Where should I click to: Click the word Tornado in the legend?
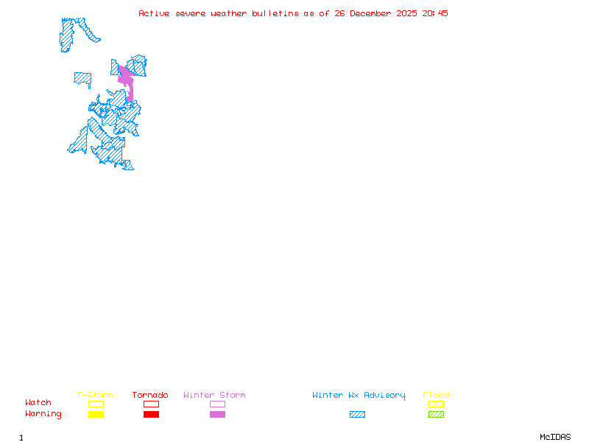(150, 396)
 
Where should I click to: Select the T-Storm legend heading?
(95, 396)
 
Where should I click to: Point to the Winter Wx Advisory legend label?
(359, 396)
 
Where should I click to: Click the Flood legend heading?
(436, 396)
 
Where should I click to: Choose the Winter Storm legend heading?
(214, 396)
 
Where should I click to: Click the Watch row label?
(38, 403)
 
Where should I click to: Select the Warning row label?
(43, 414)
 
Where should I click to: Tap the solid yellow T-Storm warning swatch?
(96, 415)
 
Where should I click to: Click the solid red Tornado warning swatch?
(151, 415)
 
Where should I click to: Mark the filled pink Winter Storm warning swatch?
(217, 415)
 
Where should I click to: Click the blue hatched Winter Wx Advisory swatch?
(357, 415)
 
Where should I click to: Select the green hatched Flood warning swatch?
(436, 415)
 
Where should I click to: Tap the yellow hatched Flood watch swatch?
(436, 404)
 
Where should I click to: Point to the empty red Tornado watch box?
(151, 404)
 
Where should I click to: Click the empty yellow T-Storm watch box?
(96, 404)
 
